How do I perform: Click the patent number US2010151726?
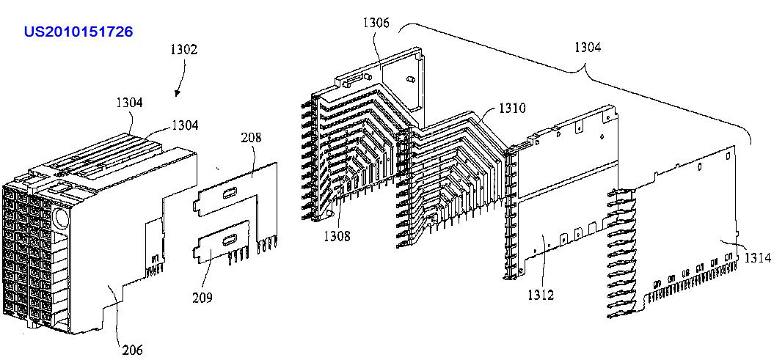tap(78, 32)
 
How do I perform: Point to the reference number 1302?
tap(183, 50)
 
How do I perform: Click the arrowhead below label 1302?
tap(178, 93)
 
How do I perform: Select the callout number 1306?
tap(376, 23)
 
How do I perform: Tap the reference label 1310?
tap(512, 108)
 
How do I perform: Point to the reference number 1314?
tap(757, 257)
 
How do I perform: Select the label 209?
tap(202, 297)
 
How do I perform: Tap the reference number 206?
tap(132, 350)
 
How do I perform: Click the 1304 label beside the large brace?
tap(587, 48)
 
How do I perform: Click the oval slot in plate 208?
tap(229, 192)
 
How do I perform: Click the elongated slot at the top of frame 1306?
tap(355, 77)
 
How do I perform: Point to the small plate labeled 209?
tap(220, 246)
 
